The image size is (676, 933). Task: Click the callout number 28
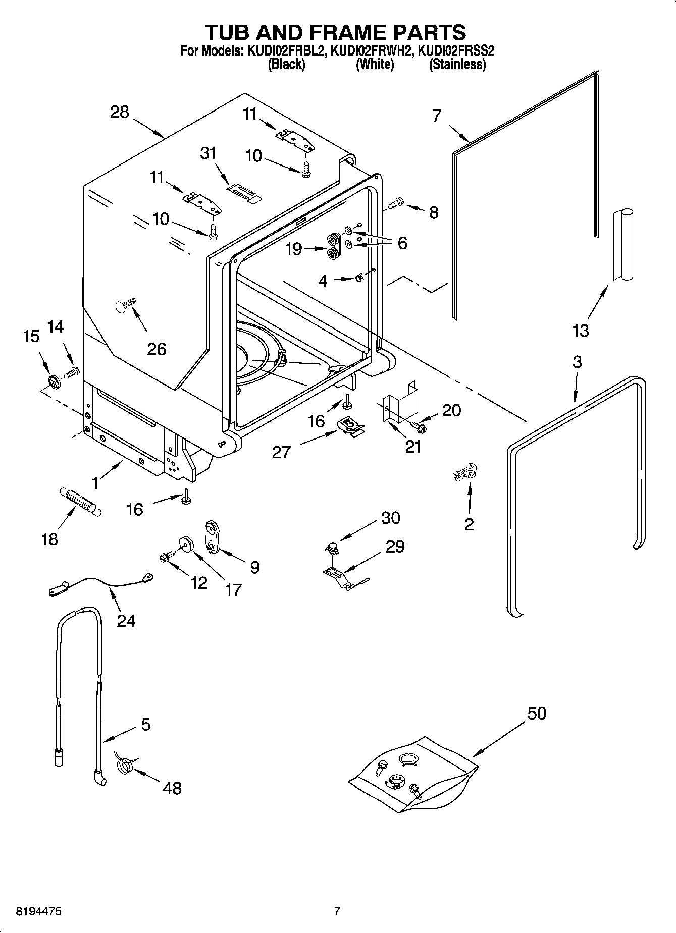[120, 112]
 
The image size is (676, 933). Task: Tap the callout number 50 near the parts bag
[537, 714]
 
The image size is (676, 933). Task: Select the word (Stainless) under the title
[457, 65]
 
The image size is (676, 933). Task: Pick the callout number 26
[156, 349]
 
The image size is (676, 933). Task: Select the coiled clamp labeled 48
[125, 767]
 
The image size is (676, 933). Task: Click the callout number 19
[294, 249]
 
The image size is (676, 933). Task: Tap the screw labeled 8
[395, 204]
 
